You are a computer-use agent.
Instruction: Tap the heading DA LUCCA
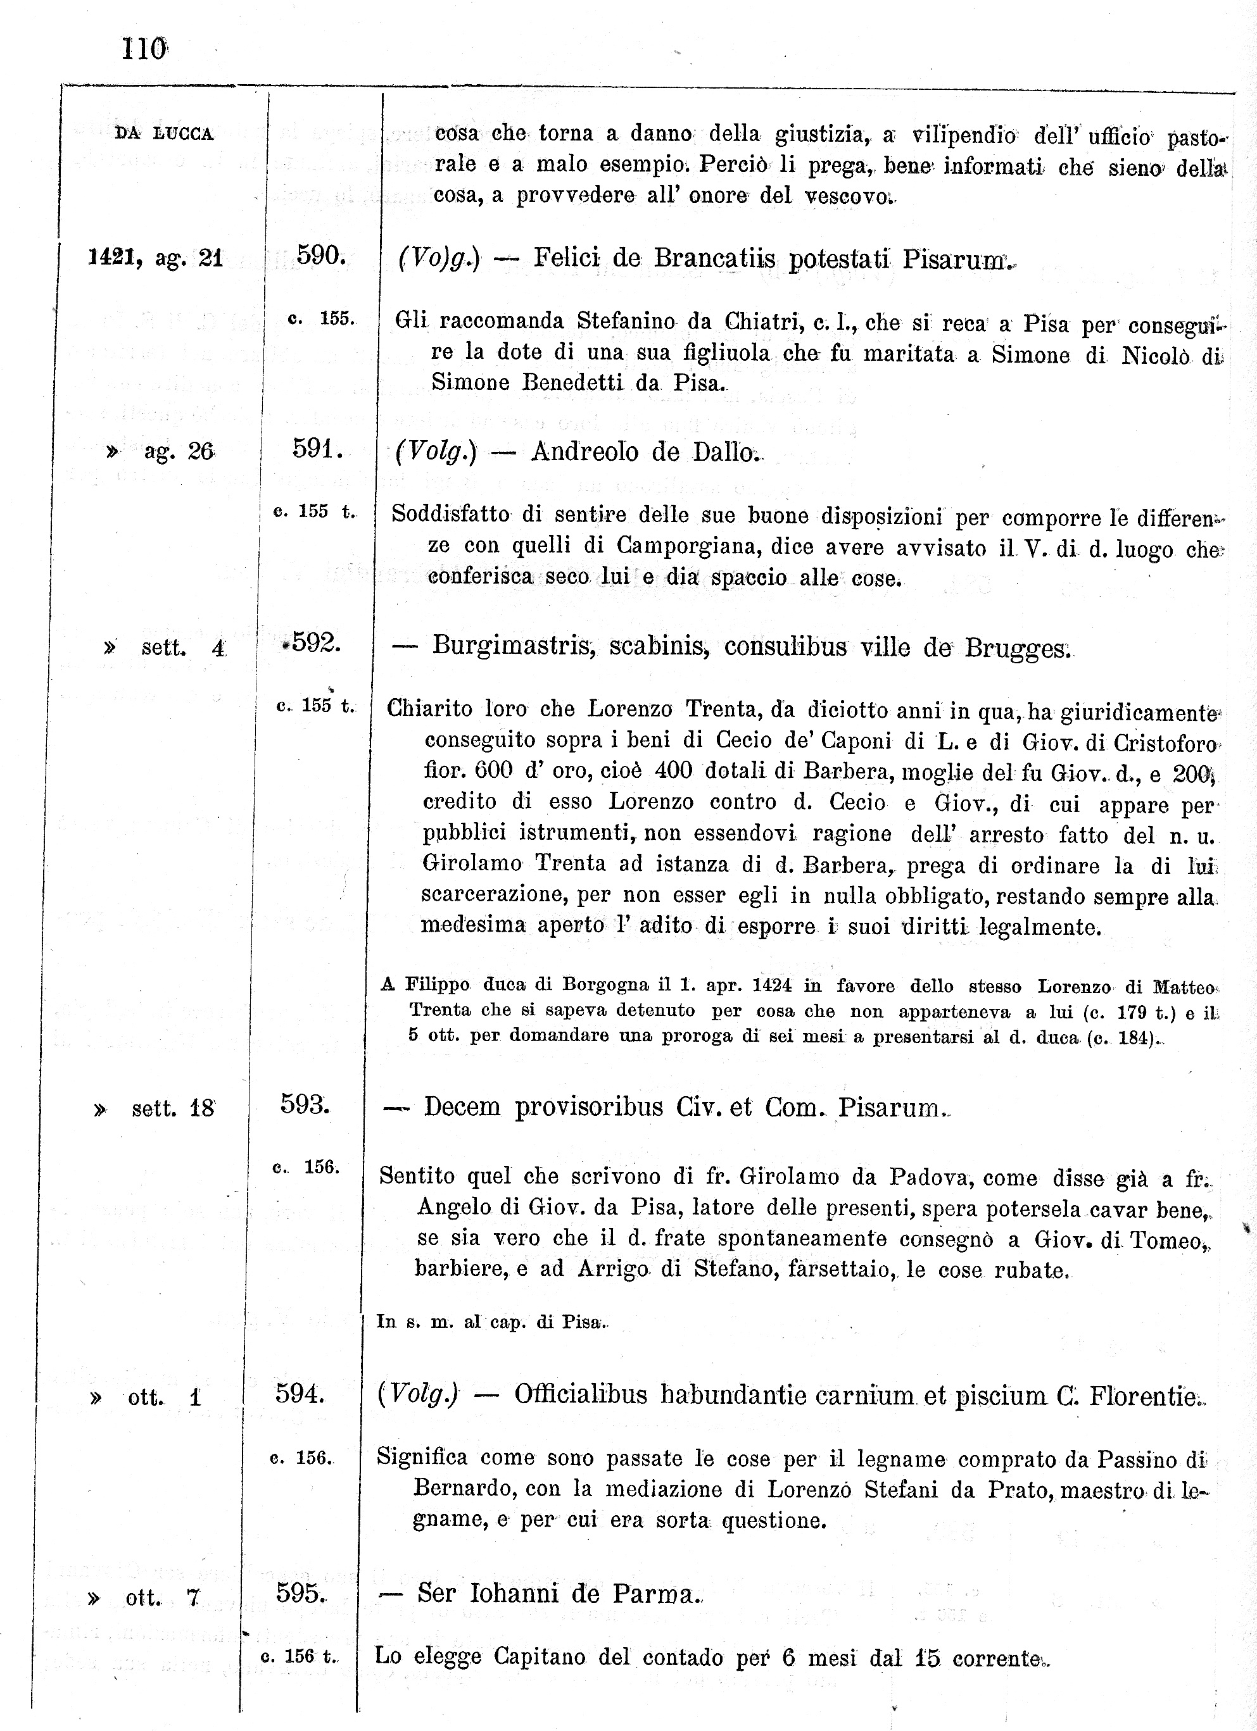click(x=164, y=134)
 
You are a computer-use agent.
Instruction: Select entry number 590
click(x=322, y=256)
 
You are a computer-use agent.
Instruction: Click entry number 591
click(x=317, y=449)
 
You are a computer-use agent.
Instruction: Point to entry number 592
click(x=312, y=642)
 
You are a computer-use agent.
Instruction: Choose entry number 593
click(x=305, y=1104)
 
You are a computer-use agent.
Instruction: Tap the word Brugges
click(x=1017, y=648)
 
